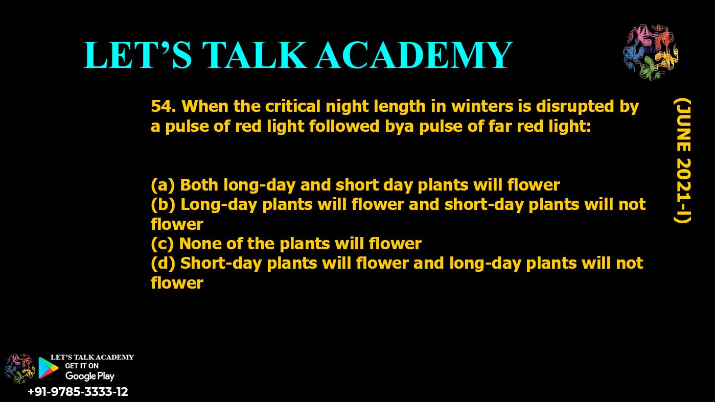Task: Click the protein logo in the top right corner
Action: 651,52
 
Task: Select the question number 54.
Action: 163,106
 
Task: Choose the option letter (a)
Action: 163,185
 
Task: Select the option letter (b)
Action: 163,205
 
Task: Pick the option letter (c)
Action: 162,244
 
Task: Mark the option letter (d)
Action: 163,264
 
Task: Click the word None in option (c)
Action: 200,244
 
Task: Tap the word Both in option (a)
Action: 199,185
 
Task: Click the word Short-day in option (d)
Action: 221,264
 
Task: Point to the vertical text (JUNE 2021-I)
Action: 683,161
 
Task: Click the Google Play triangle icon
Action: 48,368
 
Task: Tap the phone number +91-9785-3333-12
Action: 78,392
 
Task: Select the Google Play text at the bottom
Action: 89,376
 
